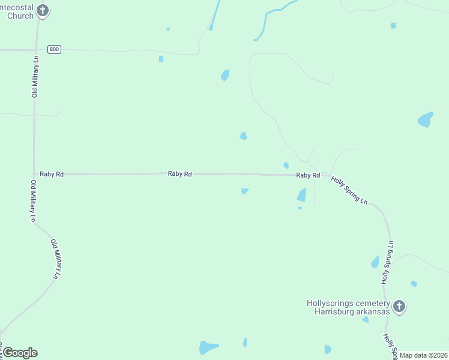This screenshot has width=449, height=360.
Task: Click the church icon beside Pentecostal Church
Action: point(42,10)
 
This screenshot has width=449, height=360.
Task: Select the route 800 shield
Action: point(55,49)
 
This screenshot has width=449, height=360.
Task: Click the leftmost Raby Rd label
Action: point(52,174)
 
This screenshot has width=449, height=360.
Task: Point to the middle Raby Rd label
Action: point(180,174)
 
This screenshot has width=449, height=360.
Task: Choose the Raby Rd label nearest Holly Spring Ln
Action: point(307,175)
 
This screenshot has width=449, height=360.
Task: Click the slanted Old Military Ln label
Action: point(56,259)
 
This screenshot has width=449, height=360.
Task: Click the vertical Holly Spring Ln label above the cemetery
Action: point(388,262)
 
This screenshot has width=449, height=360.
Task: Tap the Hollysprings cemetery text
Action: point(348,303)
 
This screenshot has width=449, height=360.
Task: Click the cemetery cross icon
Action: point(399,307)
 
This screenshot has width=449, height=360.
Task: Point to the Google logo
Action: point(20,353)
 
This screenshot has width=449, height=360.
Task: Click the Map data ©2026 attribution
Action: point(424,355)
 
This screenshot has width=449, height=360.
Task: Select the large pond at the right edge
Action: point(425,119)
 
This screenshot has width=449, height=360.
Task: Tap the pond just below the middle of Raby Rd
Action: point(244,191)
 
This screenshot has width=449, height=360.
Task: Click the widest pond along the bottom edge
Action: point(208,347)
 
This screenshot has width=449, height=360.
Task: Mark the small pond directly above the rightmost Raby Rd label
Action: point(286,165)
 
